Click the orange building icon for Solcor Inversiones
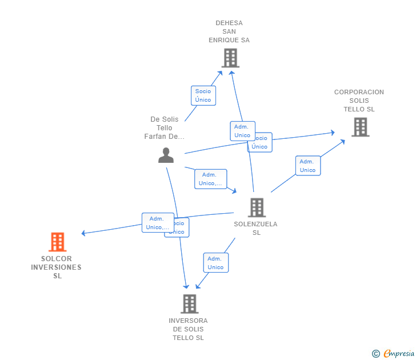(57, 242)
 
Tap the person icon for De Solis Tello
(166, 155)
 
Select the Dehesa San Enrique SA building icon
(230, 58)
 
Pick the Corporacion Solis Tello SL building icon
(360, 127)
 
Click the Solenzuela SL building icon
(257, 207)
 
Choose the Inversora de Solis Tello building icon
(189, 303)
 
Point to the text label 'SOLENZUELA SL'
(255, 229)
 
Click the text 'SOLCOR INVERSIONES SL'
(57, 267)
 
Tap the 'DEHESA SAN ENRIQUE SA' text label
(229, 32)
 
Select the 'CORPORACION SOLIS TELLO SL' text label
(359, 101)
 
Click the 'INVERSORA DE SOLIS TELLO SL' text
(188, 329)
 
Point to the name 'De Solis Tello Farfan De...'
(165, 128)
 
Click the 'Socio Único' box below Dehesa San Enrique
(203, 95)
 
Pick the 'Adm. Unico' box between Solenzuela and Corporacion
(307, 166)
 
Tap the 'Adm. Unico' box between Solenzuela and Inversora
(215, 263)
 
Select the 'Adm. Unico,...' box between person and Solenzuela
(210, 179)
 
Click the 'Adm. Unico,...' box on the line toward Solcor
(157, 223)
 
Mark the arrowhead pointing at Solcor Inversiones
(83, 233)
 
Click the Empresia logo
(399, 354)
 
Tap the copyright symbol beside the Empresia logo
(376, 354)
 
